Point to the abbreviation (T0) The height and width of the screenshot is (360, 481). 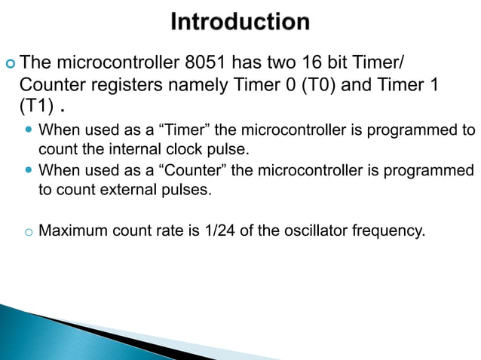coord(319,83)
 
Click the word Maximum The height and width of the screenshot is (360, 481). coord(72,230)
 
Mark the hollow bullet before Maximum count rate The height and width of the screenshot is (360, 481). coord(26,231)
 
